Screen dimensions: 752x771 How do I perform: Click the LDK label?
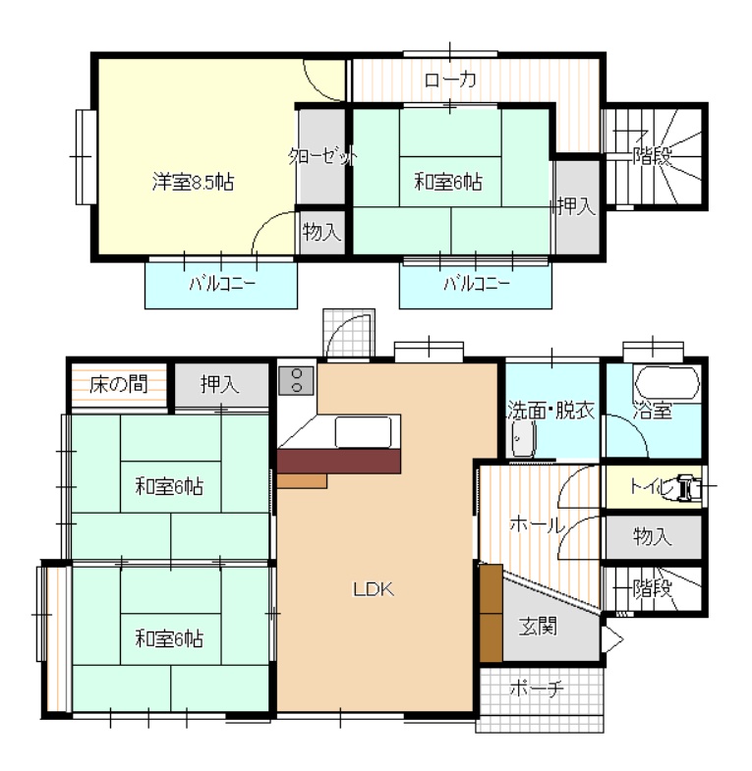[374, 588]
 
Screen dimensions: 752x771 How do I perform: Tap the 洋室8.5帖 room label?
[193, 182]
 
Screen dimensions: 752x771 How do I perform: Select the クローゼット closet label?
[322, 157]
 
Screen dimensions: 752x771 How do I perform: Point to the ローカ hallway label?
[450, 80]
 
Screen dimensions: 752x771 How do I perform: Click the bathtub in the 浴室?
[667, 382]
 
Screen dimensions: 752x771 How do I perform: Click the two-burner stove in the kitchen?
[296, 380]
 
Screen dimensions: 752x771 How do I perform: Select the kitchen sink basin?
[363, 432]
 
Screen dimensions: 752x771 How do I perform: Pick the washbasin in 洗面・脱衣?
[524, 438]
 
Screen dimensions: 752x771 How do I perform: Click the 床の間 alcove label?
[119, 384]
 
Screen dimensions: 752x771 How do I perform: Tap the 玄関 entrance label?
[538, 627]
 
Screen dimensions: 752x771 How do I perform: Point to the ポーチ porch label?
[537, 688]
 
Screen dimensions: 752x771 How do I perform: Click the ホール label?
[537, 525]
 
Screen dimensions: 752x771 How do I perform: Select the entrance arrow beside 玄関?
[611, 639]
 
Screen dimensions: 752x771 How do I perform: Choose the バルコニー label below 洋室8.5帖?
[222, 284]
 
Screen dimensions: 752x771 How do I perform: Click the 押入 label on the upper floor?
[576, 206]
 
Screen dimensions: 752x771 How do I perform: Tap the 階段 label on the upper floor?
[652, 156]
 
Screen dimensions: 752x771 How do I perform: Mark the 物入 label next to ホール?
[652, 536]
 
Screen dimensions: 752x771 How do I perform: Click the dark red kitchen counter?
[339, 462]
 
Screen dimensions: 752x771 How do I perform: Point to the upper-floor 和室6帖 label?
[448, 182]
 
